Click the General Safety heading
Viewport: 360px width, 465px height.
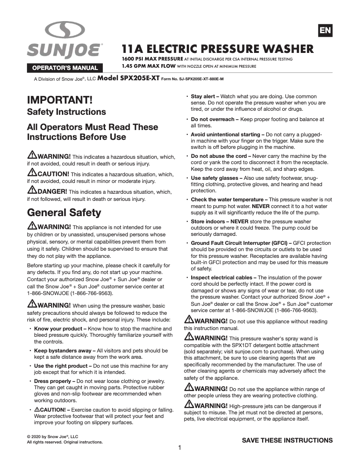64,212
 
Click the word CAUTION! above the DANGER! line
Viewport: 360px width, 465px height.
53,174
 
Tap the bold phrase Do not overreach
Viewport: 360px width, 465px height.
213,120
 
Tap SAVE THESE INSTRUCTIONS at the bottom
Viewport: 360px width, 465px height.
287,440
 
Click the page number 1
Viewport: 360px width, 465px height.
180,448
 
